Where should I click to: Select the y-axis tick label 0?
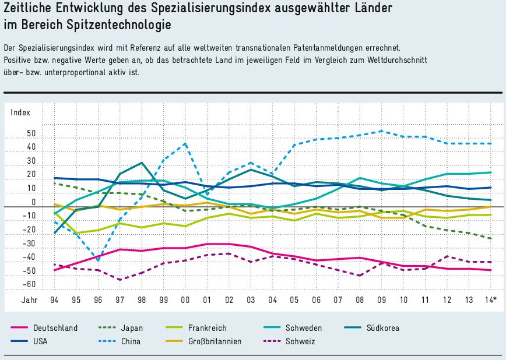pos(33,202)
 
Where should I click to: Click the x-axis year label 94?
pos(55,300)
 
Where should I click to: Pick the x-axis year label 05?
pos(294,300)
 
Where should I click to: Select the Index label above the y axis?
pos(20,112)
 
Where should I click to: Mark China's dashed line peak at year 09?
pos(381,131)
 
